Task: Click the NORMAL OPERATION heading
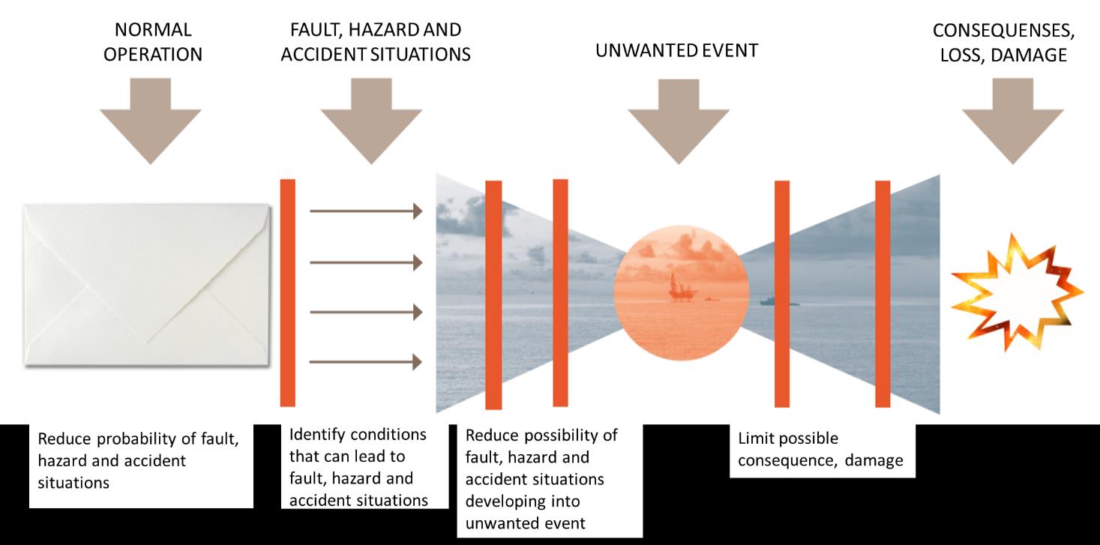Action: [x=153, y=42]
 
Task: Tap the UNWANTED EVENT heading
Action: [x=676, y=50]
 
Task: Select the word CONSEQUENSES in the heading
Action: [x=1003, y=31]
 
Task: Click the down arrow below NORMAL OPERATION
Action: [x=150, y=121]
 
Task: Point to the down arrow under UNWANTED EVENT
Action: [x=679, y=121]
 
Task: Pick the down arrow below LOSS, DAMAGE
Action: [x=1013, y=121]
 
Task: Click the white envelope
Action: [x=147, y=285]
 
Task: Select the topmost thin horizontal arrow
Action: [x=366, y=211]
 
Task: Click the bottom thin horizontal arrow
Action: [x=366, y=362]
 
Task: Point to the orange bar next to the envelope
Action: [x=288, y=292]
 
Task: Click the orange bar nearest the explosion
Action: [x=883, y=294]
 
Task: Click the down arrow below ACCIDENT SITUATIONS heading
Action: [x=371, y=121]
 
